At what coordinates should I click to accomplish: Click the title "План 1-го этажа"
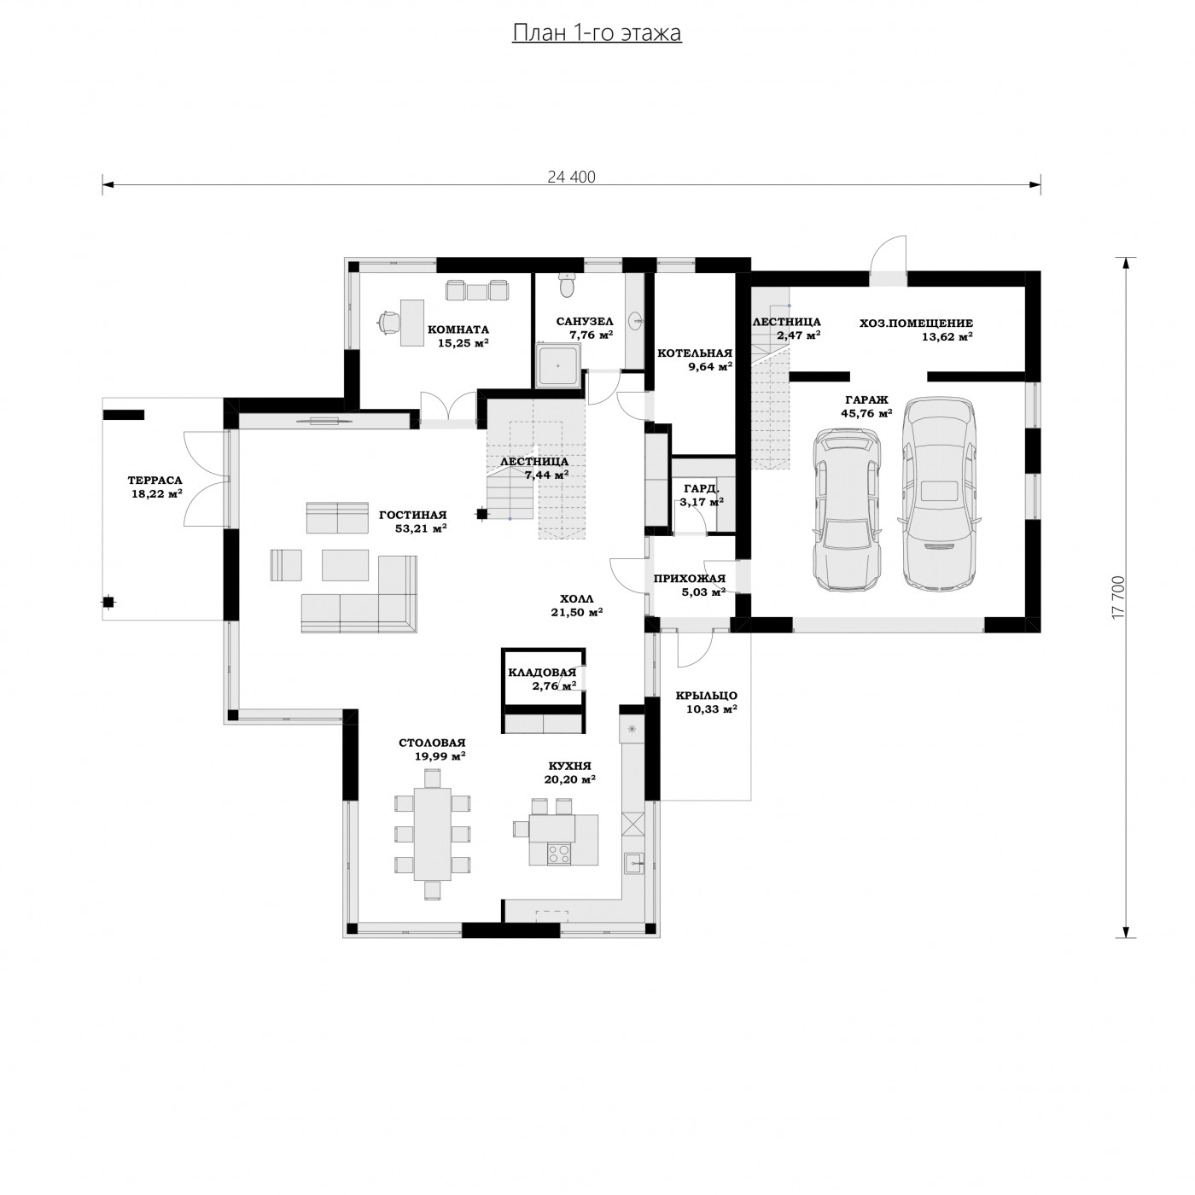[597, 33]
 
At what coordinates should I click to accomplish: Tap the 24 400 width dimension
[571, 178]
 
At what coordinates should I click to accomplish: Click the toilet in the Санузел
[566, 284]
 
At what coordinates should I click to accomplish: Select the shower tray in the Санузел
[559, 365]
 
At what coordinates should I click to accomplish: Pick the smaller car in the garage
[847, 509]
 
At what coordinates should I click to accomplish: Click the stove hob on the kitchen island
[558, 854]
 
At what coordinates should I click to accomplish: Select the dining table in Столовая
[433, 833]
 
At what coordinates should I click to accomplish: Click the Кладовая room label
[542, 673]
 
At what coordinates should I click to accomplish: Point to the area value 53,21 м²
[421, 529]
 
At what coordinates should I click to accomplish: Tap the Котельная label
[695, 353]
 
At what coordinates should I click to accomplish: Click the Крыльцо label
[707, 697]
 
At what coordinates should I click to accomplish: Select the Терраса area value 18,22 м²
[156, 494]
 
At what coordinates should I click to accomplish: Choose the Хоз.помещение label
[916, 324]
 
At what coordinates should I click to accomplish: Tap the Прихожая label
[690, 580]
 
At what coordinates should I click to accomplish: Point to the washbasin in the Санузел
[635, 321]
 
